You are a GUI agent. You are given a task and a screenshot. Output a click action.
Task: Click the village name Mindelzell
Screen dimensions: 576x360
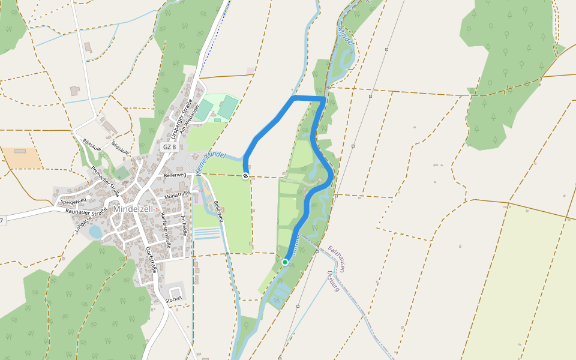[x=133, y=209]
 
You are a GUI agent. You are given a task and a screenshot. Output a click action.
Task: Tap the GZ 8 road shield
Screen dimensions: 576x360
[x=170, y=147]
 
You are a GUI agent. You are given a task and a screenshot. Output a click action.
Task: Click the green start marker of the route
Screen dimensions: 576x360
[x=285, y=262]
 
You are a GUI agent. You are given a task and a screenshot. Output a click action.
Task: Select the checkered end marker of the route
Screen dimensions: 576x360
[x=245, y=176]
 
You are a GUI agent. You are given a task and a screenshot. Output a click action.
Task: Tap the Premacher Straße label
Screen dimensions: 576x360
[x=105, y=181]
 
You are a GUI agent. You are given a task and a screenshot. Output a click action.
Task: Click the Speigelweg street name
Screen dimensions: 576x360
[x=74, y=201]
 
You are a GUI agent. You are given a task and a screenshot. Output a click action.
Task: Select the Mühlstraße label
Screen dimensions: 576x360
[x=178, y=193]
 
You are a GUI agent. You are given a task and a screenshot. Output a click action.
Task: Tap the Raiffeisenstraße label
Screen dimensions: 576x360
[x=167, y=233]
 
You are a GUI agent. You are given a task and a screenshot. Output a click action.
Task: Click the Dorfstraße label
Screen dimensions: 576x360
[x=151, y=260]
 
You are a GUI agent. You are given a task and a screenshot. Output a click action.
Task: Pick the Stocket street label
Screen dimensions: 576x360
[x=173, y=298]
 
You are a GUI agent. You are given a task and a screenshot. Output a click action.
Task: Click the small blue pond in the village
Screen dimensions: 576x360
[x=95, y=232]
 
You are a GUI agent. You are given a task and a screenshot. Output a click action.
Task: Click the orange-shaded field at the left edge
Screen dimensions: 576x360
[x=22, y=158]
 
